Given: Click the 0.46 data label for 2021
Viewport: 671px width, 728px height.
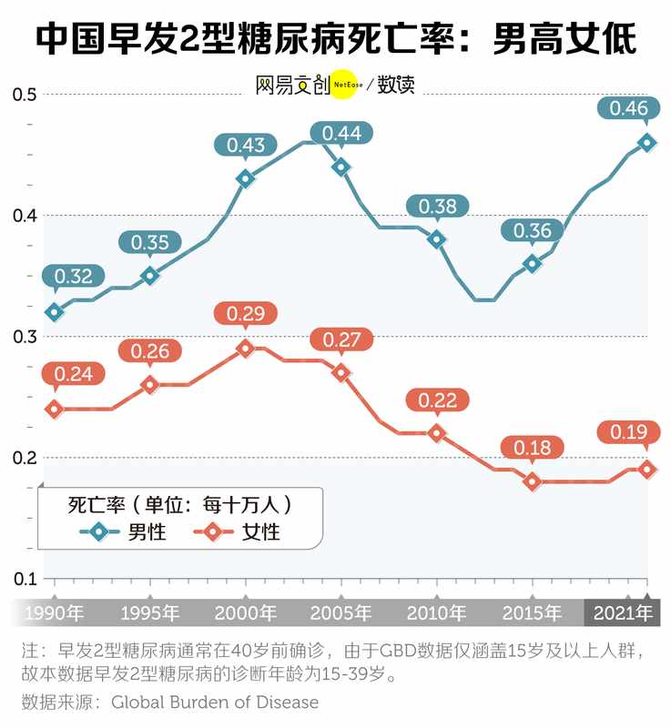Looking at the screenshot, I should [x=628, y=109].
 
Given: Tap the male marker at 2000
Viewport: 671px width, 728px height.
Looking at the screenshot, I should [x=245, y=178].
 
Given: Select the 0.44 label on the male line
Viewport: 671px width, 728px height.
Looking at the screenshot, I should [x=341, y=134].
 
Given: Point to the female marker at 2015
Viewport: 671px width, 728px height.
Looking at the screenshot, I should [x=533, y=481].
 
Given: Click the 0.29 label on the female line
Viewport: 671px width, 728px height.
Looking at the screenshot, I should [x=245, y=315].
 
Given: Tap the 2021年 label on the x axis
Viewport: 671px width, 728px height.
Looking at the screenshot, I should [x=623, y=613].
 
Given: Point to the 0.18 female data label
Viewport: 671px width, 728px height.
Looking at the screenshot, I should [x=533, y=448].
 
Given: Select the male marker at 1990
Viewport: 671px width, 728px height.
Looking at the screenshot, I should [x=55, y=312].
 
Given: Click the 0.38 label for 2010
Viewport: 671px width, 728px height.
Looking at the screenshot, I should [x=437, y=207].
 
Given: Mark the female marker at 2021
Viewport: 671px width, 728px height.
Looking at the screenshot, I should [x=647, y=470].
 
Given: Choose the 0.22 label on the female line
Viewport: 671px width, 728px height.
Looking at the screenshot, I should [x=437, y=399].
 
